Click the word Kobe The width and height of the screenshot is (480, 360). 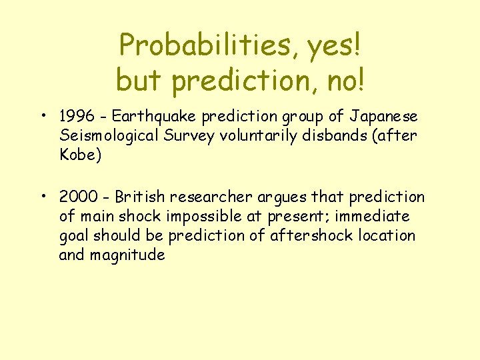(x=79, y=155)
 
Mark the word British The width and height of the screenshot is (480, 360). (x=141, y=197)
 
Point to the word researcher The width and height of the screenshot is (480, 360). (x=212, y=197)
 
